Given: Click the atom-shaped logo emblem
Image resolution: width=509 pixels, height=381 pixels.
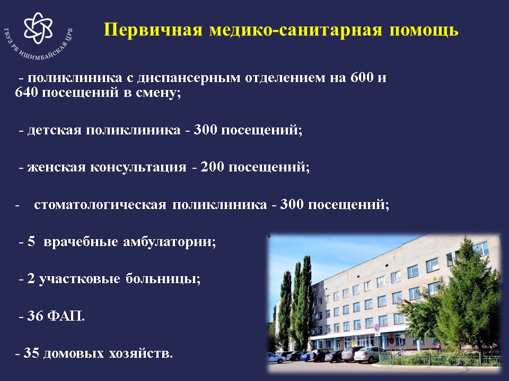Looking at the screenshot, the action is tap(38, 28).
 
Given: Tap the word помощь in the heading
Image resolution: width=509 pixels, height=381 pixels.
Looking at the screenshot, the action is tap(424, 31).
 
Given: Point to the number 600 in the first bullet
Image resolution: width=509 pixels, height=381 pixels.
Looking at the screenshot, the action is tap(362, 77).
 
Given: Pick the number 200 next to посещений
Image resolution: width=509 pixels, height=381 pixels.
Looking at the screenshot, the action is tap(212, 167).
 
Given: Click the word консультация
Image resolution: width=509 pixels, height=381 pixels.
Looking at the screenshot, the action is tap(138, 168).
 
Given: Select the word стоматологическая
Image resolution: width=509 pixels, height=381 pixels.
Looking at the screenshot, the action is tap(100, 205).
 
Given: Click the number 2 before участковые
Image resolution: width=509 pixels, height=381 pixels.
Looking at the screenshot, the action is tap(31, 279).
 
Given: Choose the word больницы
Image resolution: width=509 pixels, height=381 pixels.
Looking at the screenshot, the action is tap(163, 279).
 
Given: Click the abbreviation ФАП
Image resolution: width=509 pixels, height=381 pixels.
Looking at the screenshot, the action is tap(66, 316).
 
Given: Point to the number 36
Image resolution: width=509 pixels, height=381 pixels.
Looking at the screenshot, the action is tap(35, 316).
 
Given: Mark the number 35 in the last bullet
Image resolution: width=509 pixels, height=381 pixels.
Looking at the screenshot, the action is tap(31, 353).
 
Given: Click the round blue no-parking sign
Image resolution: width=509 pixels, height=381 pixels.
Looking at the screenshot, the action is tap(377, 328).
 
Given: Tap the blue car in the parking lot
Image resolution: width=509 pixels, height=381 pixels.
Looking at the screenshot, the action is tap(306, 356).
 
